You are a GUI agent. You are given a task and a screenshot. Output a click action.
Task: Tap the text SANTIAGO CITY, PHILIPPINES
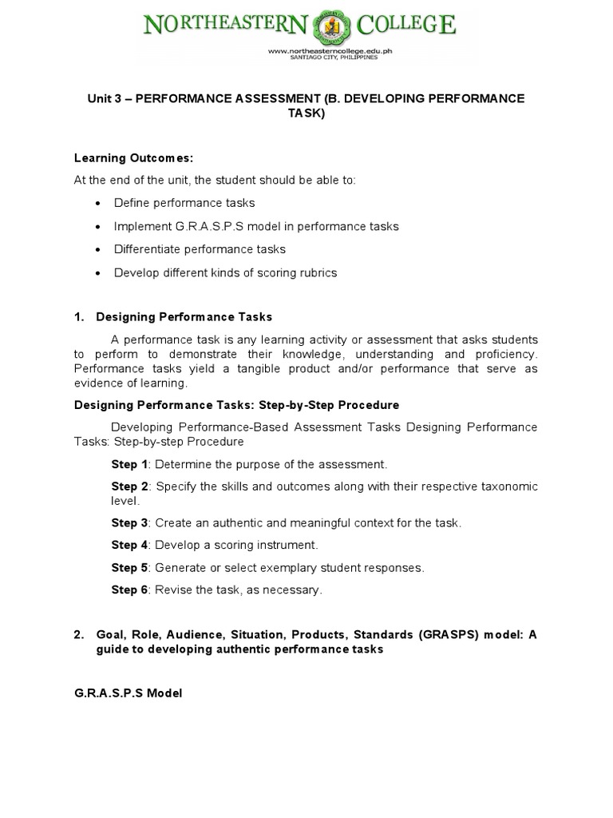point(332,58)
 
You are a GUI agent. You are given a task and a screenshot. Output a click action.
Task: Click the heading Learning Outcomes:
point(134,158)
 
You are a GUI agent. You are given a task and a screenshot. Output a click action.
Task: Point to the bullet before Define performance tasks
point(97,204)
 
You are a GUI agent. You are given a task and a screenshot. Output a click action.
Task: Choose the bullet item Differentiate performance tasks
point(200,249)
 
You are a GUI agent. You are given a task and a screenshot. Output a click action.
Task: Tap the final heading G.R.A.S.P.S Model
point(128,693)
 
